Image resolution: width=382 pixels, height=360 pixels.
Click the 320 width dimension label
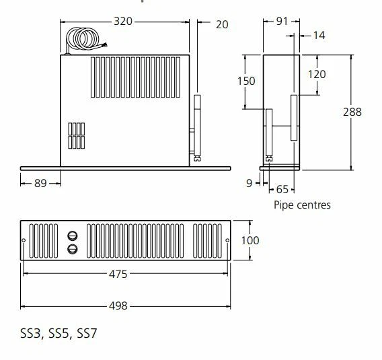pyautogui.click(x=123, y=22)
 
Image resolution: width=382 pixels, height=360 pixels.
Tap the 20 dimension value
pyautogui.click(x=222, y=25)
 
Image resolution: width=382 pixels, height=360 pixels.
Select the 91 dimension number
pyautogui.click(x=282, y=22)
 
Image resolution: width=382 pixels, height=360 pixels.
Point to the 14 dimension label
pyautogui.click(x=319, y=36)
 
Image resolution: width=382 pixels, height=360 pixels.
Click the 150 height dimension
pyautogui.click(x=246, y=81)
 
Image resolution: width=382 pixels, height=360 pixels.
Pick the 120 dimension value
pyautogui.click(x=317, y=74)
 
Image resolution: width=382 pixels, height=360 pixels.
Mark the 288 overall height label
pyautogui.click(x=352, y=112)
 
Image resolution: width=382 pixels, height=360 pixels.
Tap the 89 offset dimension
pyautogui.click(x=40, y=183)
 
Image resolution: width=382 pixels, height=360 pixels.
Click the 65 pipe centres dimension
pyautogui.click(x=282, y=189)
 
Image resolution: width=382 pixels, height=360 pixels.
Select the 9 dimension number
pyautogui.click(x=249, y=183)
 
